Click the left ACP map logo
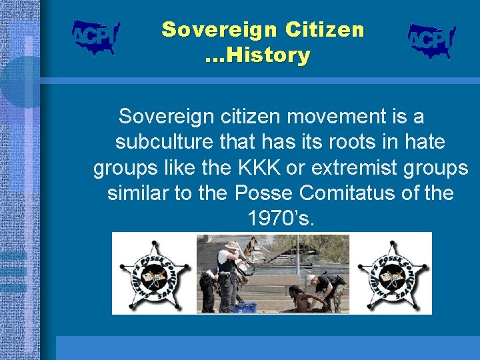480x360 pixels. coord(95,37)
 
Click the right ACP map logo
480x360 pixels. coord(431,41)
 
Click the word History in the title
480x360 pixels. coord(267,55)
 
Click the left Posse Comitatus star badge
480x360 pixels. coord(154,274)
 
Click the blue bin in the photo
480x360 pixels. coord(245,307)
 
